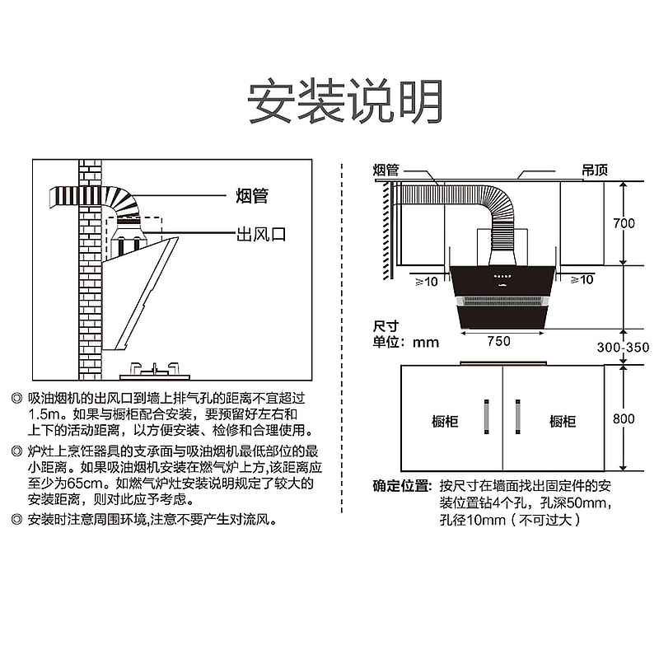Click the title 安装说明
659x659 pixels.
coord(346,101)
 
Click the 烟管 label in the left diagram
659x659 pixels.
coord(251,197)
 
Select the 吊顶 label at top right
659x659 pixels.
coord(594,170)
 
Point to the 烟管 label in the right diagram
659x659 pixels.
coord(386,170)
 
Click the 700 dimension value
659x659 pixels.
coord(624,223)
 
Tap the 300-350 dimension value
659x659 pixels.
coord(624,348)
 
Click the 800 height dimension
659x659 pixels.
coord(624,418)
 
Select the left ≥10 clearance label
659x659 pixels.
coord(426,280)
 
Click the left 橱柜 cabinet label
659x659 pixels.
coord(445,421)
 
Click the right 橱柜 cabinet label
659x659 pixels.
coord(563,421)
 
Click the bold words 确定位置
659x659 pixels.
coord(401,485)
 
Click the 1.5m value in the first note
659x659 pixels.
coord(44,413)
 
